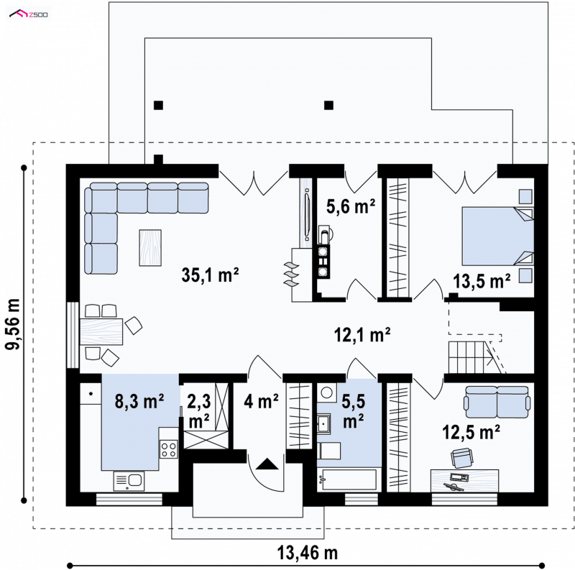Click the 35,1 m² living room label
pyautogui.click(x=210, y=275)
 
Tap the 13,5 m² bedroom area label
pyautogui.click(x=482, y=281)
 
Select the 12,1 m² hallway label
pyautogui.click(x=362, y=334)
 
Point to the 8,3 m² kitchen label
pyautogui.click(x=139, y=401)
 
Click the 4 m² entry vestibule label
pyautogui.click(x=262, y=401)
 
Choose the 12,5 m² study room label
pyautogui.click(x=471, y=432)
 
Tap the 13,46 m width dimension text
pyautogui.click(x=308, y=553)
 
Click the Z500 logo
pyautogui.click(x=28, y=14)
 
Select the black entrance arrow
pyautogui.click(x=267, y=464)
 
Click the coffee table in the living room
pyautogui.click(x=150, y=247)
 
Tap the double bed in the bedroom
pyautogui.click(x=497, y=236)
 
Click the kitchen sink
pyautogui.click(x=129, y=481)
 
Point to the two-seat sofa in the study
pyautogui.click(x=497, y=402)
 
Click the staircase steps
pyautogui.click(x=470, y=358)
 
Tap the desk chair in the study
pyautogui.click(x=461, y=458)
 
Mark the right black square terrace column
pyautogui.click(x=328, y=106)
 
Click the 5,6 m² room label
pyautogui.click(x=351, y=206)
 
